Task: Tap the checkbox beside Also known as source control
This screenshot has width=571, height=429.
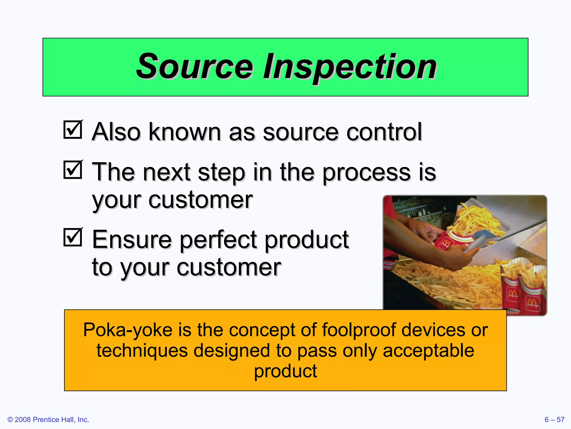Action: (73, 130)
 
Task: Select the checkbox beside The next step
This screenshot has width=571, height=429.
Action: (73, 170)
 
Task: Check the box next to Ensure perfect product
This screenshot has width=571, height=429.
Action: (73, 237)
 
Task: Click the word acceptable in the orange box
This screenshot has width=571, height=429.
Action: (428, 351)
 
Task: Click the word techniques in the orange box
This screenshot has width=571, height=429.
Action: (142, 351)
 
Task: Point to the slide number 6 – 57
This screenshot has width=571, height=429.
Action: (554, 420)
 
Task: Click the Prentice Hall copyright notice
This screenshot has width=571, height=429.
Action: (48, 420)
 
